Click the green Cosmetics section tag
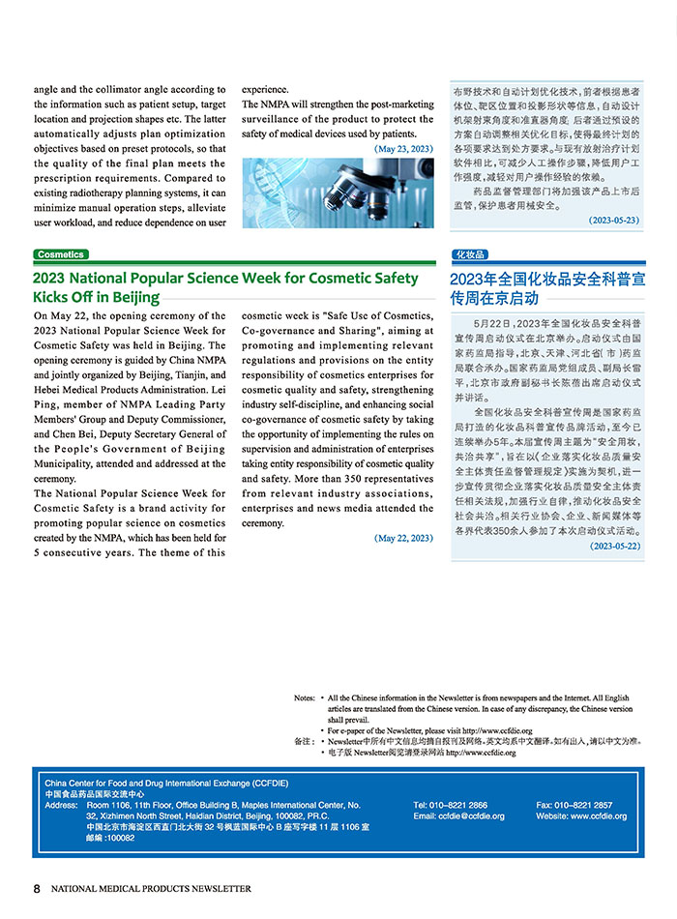point(61,254)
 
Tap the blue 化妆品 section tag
point(469,254)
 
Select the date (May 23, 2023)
point(403,149)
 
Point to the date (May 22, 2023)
point(403,538)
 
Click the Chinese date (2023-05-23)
point(614,221)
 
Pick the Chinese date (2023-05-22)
point(614,546)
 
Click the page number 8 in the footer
point(37,888)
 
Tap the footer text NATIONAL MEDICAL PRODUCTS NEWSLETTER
point(151,888)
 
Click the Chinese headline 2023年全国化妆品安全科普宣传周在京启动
point(547,288)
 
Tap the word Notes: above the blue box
point(305,697)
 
